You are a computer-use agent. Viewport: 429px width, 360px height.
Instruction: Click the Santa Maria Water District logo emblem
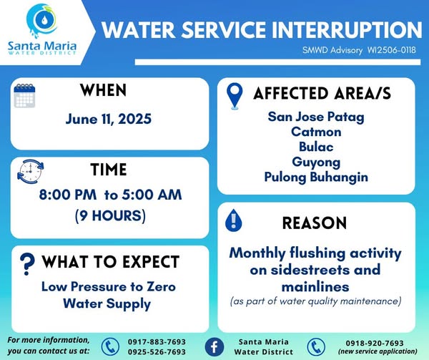tap(42, 21)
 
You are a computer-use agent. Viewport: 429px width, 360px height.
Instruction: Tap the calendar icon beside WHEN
tap(24, 96)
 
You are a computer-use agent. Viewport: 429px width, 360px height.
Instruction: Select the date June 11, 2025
tap(109, 119)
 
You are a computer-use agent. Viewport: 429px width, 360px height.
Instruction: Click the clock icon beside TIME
tap(30, 171)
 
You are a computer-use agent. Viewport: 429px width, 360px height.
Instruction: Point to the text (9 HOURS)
tap(110, 215)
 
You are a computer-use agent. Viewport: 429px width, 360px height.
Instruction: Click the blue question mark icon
tap(27, 263)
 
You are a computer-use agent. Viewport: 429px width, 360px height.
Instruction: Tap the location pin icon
tap(235, 96)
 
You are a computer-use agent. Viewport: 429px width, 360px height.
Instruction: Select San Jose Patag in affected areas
tap(316, 117)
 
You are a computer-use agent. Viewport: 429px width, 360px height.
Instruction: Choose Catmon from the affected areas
tap(316, 132)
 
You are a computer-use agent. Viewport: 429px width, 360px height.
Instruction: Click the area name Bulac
tap(316, 147)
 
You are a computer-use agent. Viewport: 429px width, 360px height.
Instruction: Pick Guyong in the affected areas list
tap(316, 162)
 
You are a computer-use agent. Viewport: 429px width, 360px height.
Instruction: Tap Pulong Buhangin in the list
tap(316, 177)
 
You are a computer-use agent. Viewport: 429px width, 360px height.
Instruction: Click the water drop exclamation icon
tap(233, 220)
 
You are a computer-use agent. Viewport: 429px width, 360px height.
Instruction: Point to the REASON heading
tap(315, 223)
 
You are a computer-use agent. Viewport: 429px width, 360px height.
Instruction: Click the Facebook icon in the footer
tap(214, 347)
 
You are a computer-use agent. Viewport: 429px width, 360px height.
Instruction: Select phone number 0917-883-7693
tap(157, 342)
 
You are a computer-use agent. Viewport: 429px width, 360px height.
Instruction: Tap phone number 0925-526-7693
tap(157, 352)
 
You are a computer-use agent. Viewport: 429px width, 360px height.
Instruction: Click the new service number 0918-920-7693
tap(375, 343)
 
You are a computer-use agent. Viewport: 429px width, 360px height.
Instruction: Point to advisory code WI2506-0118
tap(392, 50)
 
